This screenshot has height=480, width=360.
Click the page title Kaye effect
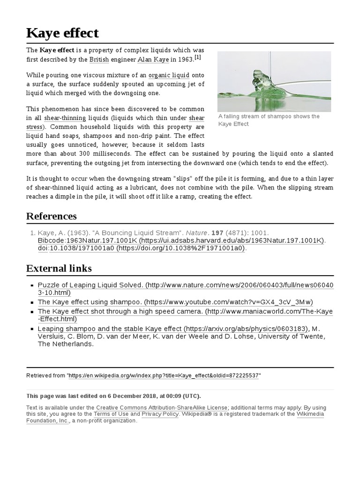click(x=62, y=33)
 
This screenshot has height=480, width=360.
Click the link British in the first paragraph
click(x=98, y=60)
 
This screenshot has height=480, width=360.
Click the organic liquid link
click(x=169, y=75)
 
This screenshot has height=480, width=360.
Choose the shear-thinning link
click(x=65, y=118)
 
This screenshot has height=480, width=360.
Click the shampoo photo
click(x=274, y=81)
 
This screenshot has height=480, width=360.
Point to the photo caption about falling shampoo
click(x=269, y=120)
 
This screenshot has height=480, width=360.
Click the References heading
click(x=52, y=216)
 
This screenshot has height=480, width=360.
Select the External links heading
click(x=59, y=269)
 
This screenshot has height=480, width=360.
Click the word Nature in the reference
click(x=199, y=232)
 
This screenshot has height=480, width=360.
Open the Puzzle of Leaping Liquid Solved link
click(x=90, y=285)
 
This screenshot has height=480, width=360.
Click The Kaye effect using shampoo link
click(x=89, y=302)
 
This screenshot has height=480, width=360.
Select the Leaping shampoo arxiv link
click(x=110, y=329)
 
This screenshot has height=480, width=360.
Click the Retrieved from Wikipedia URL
click(x=165, y=376)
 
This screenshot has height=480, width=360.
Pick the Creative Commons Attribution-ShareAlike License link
click(x=162, y=408)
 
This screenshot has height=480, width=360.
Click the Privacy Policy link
click(x=160, y=414)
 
